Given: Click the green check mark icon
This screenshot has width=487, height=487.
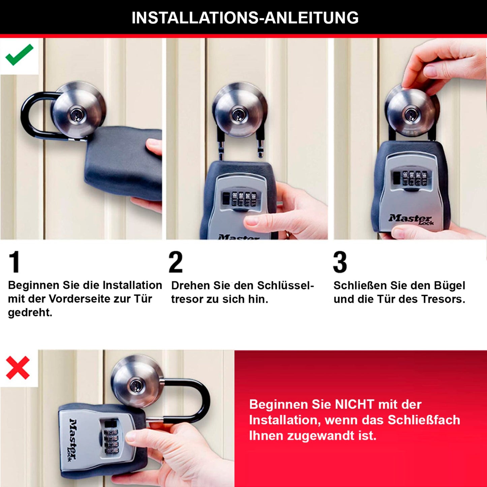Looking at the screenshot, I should coord(19,55).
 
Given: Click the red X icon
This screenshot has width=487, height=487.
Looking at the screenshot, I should coord(18,368).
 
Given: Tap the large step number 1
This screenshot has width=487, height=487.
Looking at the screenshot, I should coord(14,262).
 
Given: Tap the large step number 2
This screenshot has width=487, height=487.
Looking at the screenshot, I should coord(176,262).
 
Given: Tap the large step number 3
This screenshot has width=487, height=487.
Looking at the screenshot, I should coord(340,262).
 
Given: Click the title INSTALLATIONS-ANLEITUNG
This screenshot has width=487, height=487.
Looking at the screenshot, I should coord(245,18).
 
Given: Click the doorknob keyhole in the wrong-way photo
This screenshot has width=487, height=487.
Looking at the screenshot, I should coord(136,385).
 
